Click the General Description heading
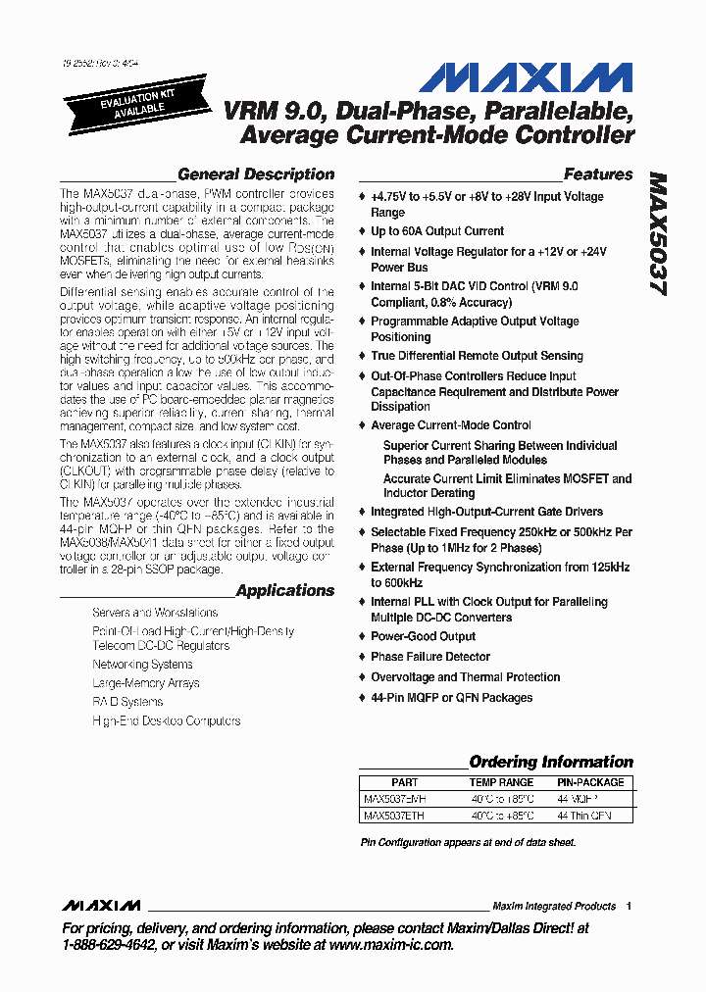coord(255,174)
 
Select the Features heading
coord(598,174)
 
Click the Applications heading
coord(284,591)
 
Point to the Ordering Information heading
coord(550,762)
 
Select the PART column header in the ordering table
coord(404,782)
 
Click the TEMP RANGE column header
coord(502,782)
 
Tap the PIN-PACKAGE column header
coord(590,782)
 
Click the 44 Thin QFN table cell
coord(583,815)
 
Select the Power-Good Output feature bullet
coord(423,636)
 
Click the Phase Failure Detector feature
coord(429,657)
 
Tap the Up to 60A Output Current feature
coord(436,231)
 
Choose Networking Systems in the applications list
coord(142,664)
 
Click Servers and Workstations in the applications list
coord(155,612)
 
